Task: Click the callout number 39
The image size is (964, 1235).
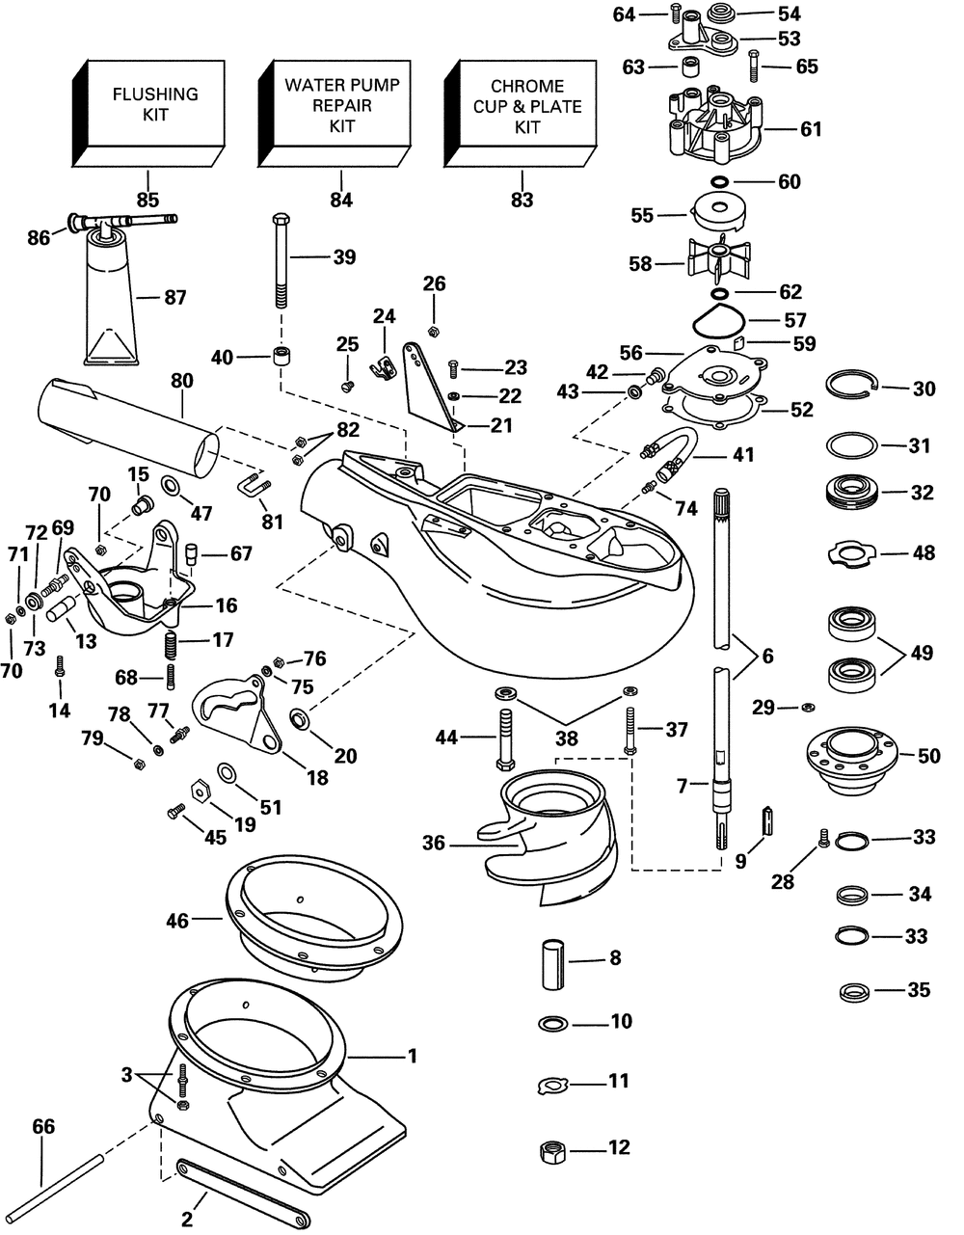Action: (344, 257)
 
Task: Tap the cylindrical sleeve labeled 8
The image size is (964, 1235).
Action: (550, 959)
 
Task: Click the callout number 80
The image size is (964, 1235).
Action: (181, 382)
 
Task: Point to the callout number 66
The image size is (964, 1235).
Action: (44, 1126)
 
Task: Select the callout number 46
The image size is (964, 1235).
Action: (176, 922)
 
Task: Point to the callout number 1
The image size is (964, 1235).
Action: (413, 1057)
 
